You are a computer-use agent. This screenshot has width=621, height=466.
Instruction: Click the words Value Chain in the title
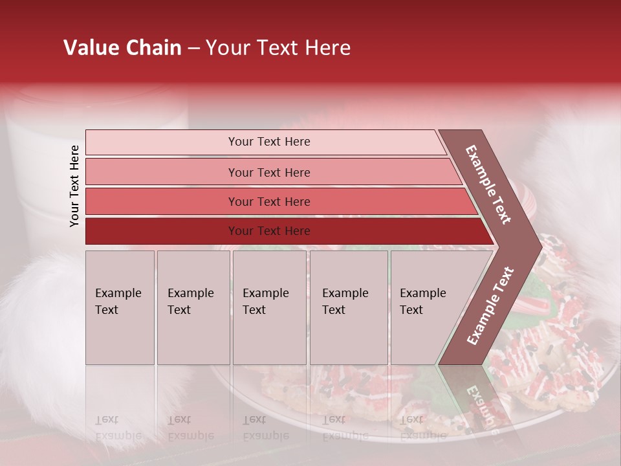122,48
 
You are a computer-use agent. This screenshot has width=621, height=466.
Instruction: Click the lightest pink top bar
162,142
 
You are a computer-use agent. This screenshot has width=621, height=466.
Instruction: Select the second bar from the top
162,172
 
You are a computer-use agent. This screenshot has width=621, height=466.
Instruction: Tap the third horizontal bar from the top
162,201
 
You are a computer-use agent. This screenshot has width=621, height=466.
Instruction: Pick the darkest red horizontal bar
162,231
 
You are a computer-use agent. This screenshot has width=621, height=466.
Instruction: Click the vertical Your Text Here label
74,186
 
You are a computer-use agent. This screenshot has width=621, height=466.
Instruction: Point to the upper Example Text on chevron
488,184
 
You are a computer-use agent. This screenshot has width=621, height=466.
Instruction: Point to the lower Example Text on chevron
490,305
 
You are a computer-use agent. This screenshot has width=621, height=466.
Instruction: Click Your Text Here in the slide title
278,48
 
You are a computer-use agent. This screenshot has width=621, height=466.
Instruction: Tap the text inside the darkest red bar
269,231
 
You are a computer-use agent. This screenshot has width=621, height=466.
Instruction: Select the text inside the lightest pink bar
269,142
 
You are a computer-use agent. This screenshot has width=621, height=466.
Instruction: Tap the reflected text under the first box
118,428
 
